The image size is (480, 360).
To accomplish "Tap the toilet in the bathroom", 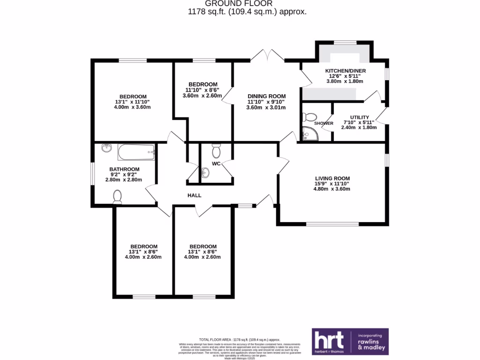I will click(118, 197).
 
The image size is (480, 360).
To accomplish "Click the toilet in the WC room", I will click(216, 150).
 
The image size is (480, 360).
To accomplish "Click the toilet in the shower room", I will click(310, 117).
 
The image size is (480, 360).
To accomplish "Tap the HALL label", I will click(195, 195).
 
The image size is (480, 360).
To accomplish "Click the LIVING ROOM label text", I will click(332, 178).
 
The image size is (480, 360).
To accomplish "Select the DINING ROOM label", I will click(266, 96).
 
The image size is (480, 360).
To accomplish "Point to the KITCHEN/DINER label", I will click(346, 71).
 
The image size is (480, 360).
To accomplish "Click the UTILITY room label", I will click(360, 117).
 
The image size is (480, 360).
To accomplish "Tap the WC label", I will click(216, 164).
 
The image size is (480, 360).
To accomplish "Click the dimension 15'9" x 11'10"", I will click(332, 184).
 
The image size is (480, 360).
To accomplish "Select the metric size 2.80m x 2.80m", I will click(124, 180).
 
